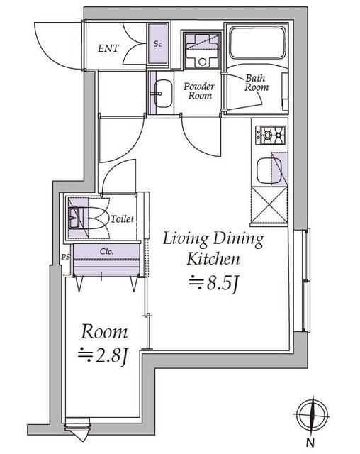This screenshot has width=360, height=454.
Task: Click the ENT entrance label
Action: click(108, 50)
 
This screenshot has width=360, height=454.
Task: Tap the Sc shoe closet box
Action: click(157, 44)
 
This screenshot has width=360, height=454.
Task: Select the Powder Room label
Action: click(199, 90)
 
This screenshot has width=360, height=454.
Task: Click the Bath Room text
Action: click(257, 82)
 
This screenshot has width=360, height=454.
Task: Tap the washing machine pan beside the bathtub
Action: click(201, 50)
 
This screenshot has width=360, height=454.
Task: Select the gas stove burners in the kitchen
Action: click(270, 135)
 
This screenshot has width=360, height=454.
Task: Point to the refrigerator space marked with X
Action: click(270, 206)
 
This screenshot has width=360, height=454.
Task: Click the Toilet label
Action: click(122, 219)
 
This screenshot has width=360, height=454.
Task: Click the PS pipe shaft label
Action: click(65, 257)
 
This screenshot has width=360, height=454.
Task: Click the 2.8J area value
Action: click(103, 355)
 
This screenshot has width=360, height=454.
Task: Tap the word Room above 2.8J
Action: click(104, 331)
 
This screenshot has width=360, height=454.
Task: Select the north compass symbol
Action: click(310, 416)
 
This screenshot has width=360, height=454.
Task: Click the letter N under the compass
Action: click(310, 444)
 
